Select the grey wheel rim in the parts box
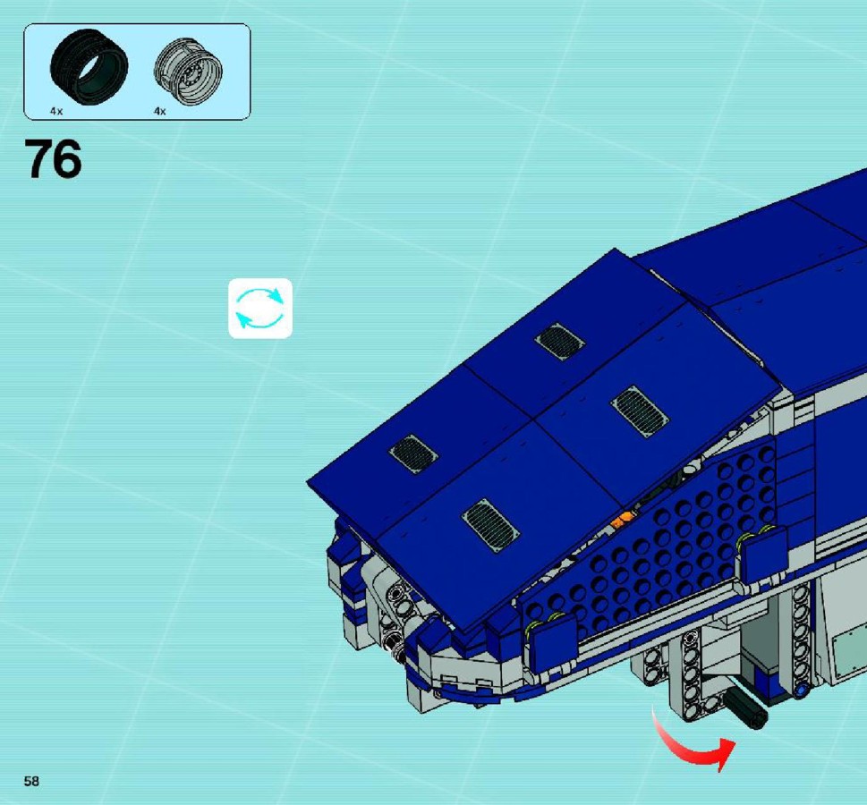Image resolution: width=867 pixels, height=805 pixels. coord(188,72)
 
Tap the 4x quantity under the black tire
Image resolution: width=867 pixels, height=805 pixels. coord(56,111)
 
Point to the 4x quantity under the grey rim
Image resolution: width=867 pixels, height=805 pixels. coord(160,111)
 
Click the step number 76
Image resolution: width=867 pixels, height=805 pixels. coord(53,159)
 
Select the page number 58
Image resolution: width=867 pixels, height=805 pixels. coord(31,781)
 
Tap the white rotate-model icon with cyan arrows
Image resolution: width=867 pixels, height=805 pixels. coord(260,309)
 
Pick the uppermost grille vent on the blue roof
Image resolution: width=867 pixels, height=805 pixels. coord(559,341)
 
